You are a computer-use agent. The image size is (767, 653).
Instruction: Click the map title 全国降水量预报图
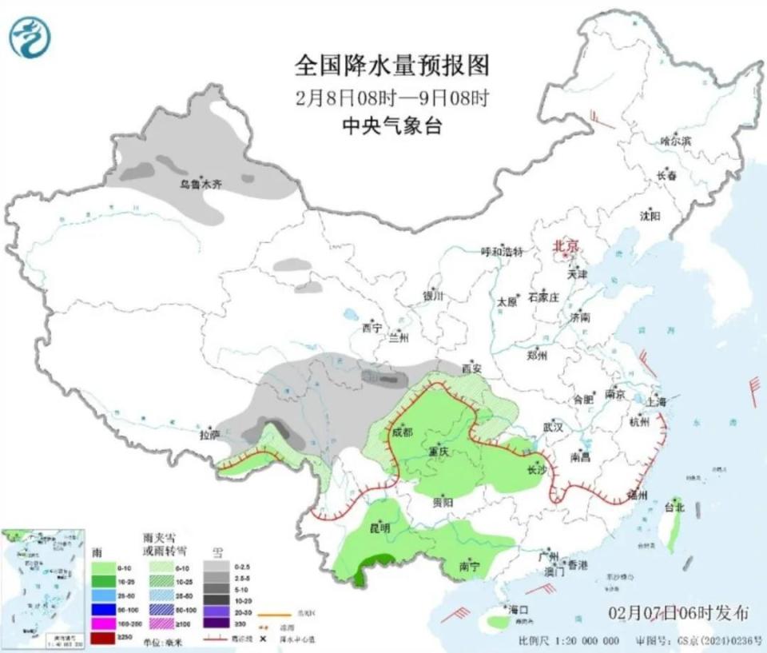pos(391,65)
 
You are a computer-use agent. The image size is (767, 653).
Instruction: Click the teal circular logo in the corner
pos(30,37)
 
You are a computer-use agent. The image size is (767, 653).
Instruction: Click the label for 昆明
pos(380,528)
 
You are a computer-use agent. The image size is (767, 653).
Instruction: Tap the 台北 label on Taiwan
pos(674,507)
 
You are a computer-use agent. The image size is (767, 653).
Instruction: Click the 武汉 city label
pos(553,428)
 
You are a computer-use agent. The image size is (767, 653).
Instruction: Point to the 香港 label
pos(577,565)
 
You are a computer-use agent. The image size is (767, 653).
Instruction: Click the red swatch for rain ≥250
pos(103,637)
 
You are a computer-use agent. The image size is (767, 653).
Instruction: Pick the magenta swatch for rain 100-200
pos(103,623)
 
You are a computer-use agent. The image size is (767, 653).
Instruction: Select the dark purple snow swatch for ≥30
pos(217,623)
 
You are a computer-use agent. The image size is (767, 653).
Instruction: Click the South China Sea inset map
pos(43,587)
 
